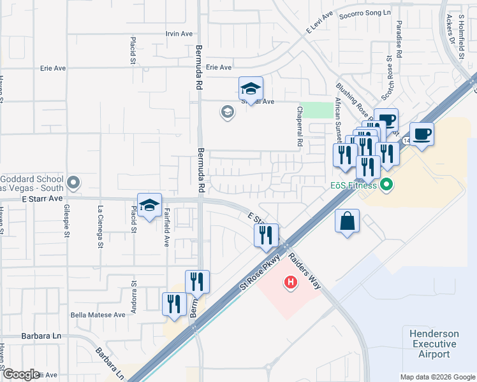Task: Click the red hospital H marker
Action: [291, 281]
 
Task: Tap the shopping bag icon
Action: [347, 222]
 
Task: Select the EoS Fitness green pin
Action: [385, 185]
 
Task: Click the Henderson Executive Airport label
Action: [434, 344]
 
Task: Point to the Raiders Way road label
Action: [305, 271]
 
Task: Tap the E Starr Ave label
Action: [44, 199]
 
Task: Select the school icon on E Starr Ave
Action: [149, 206]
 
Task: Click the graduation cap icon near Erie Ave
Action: [251, 88]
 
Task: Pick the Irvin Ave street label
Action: [179, 34]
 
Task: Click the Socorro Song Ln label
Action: [364, 14]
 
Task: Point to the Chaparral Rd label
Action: [298, 126]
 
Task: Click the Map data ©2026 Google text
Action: [437, 377]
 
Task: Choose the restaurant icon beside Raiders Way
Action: [266, 235]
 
